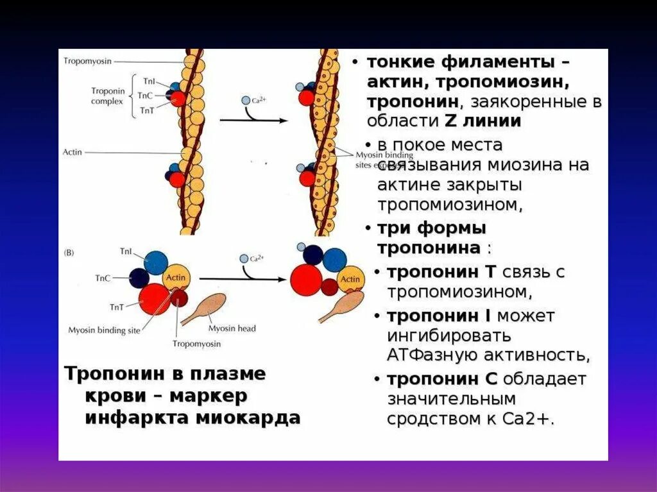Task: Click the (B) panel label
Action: click(69, 253)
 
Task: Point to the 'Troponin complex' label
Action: click(107, 96)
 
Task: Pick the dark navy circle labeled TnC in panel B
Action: click(139, 278)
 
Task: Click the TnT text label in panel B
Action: click(117, 307)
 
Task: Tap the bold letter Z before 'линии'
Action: click(448, 121)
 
